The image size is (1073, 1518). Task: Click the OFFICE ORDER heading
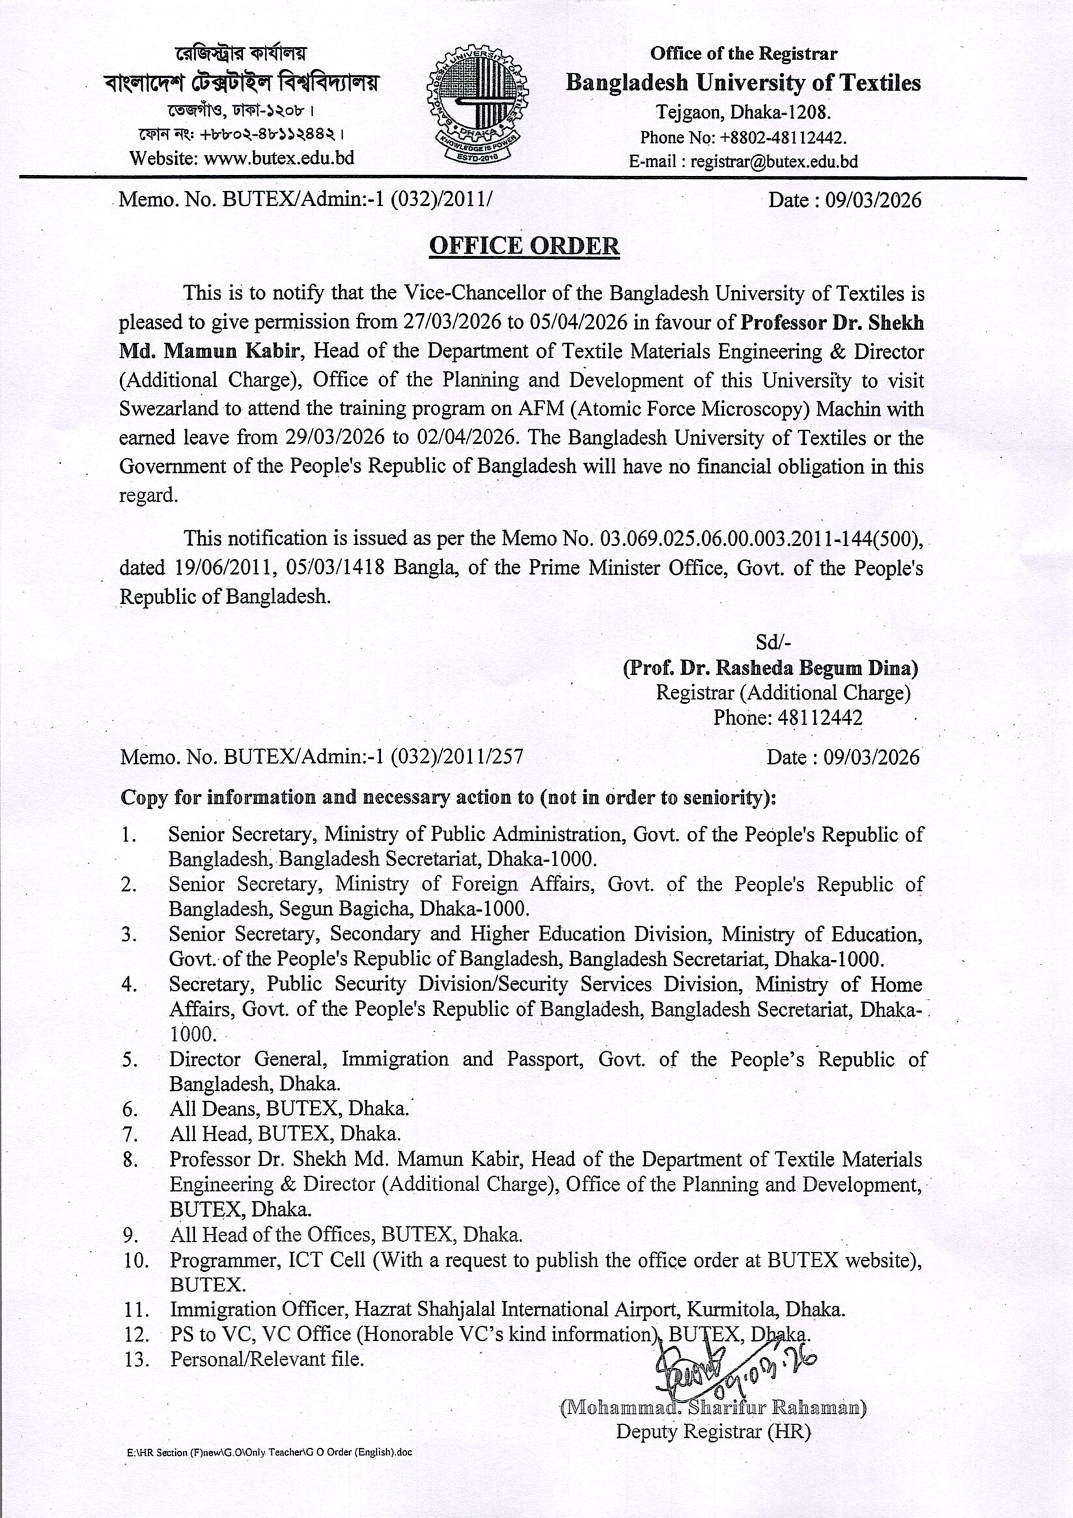pyautogui.click(x=524, y=246)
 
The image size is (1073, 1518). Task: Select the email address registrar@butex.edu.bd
pyautogui.click(x=774, y=162)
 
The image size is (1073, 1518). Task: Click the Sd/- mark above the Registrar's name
pyautogui.click(x=773, y=643)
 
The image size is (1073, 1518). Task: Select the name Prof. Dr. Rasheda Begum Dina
pyautogui.click(x=770, y=668)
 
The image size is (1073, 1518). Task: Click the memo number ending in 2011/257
pyautogui.click(x=321, y=756)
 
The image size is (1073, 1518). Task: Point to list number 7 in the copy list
pyautogui.click(x=129, y=1134)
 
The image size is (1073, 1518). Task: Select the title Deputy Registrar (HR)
pyautogui.click(x=714, y=1432)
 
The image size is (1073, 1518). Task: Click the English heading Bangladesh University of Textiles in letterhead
pyautogui.click(x=743, y=83)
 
